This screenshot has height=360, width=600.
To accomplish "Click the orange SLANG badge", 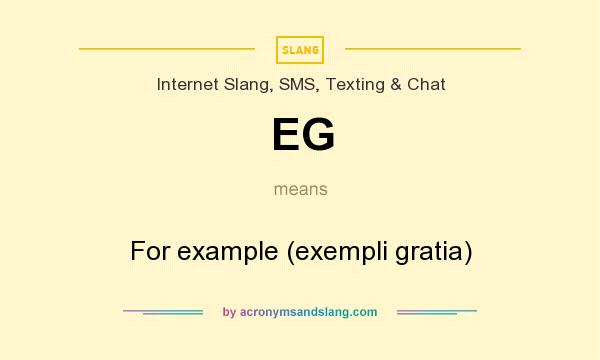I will point(300,48).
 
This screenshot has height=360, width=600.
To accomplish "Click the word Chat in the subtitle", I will point(426,84).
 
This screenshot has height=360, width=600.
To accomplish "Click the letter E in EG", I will point(285,135).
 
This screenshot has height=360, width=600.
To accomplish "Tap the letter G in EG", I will point(318,135).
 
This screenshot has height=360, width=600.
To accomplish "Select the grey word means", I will point(300,188).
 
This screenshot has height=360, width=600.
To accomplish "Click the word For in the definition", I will point(150,251).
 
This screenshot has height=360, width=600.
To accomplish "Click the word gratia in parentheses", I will point(433,251).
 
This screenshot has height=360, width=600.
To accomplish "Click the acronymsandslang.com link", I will point(308,312).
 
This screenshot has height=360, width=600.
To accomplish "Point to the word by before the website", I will point(229,312).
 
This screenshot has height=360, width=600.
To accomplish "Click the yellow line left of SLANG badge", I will point(167,48).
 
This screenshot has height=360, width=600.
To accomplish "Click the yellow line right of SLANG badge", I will point(432,48).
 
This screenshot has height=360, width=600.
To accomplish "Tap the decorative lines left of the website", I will point(163,312).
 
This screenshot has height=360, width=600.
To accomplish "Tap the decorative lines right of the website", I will point(437,312).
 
